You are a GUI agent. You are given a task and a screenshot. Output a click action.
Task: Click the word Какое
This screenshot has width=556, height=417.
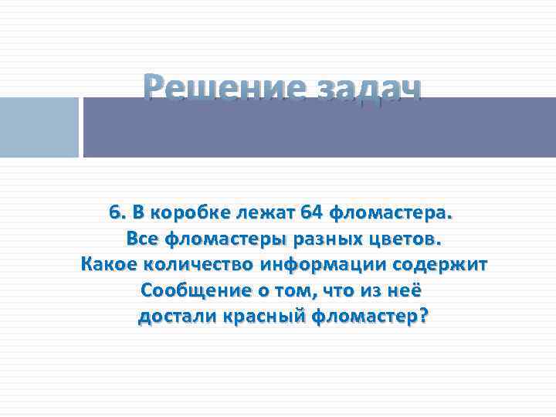pyautogui.click(x=109, y=265)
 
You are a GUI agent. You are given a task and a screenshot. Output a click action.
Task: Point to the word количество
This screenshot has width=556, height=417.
pyautogui.click(x=201, y=265)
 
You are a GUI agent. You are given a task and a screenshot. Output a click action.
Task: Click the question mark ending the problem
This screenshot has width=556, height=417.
pyautogui.click(x=422, y=317)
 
